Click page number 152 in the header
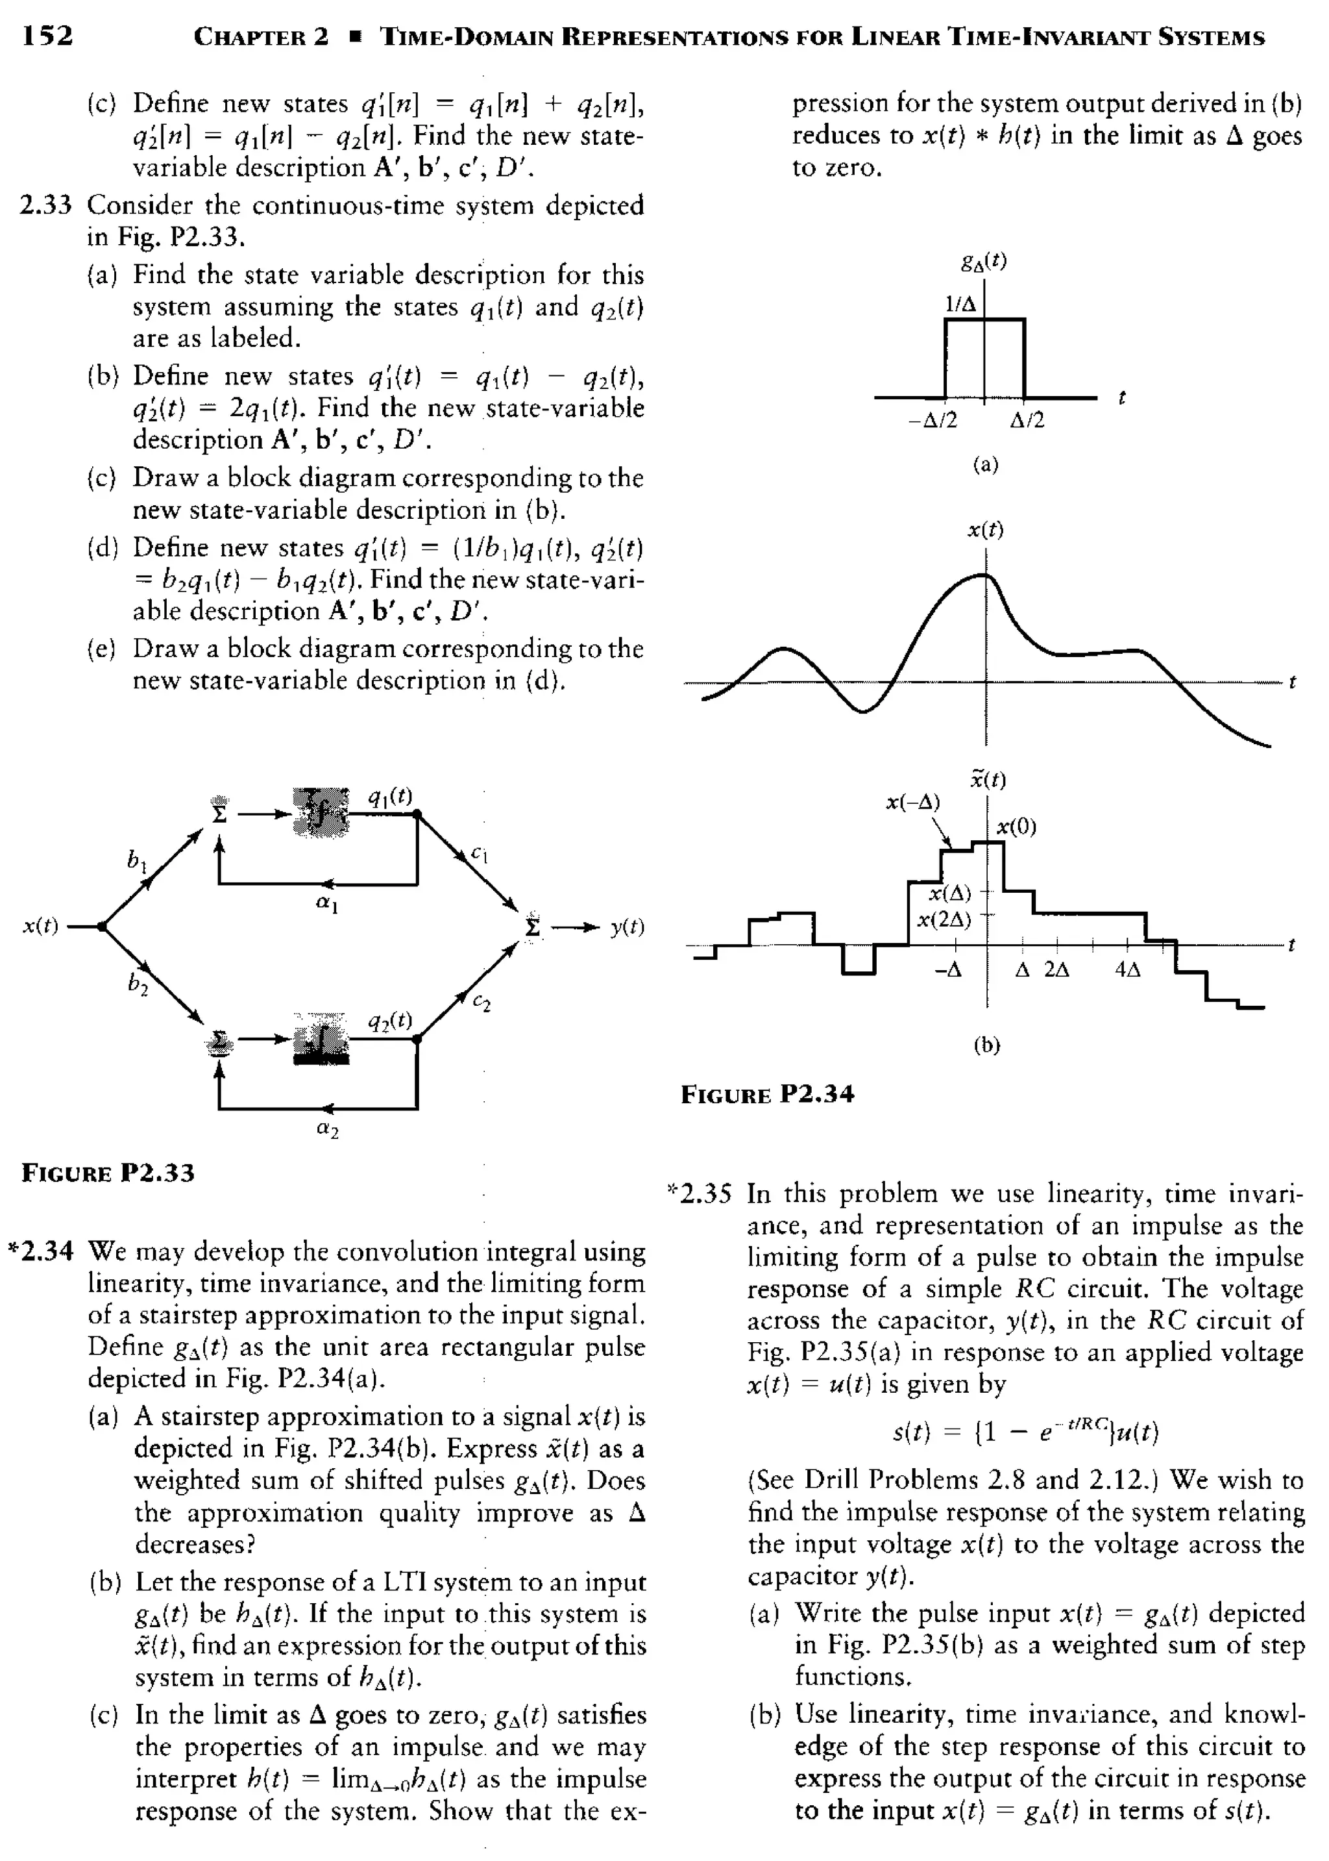47,35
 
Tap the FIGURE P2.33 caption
108,1173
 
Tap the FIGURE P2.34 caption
767,1094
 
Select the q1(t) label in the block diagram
389,796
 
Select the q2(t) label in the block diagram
389,1020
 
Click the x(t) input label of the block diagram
40,926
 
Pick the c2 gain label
483,1002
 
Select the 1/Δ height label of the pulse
959,304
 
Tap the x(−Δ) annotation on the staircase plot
913,803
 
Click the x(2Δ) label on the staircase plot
943,919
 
